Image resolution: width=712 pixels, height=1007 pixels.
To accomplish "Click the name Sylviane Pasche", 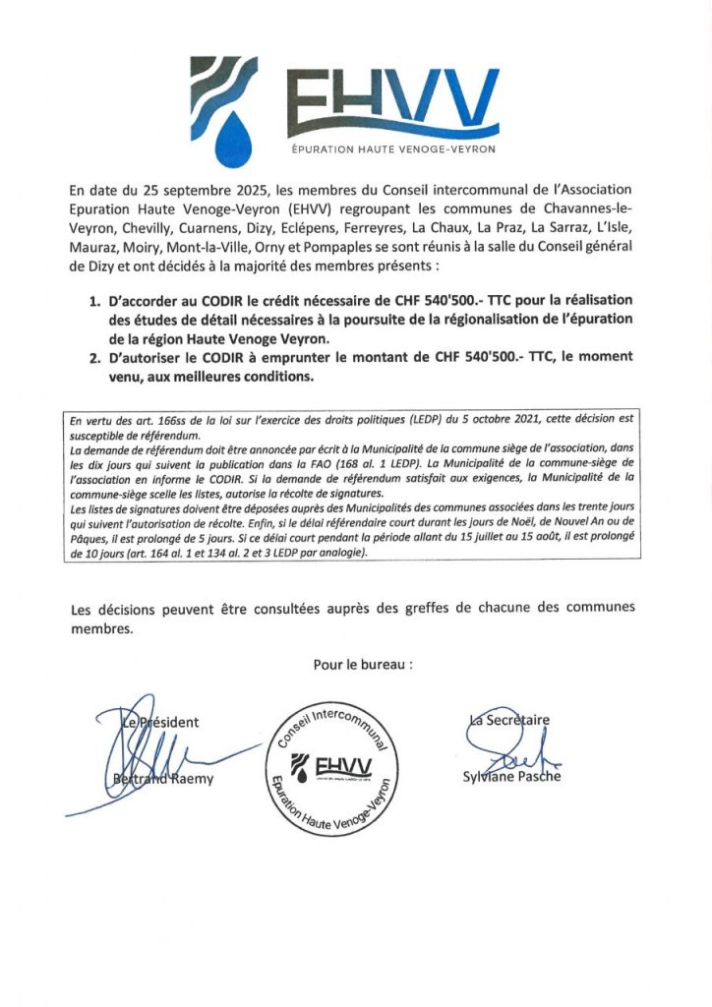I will [x=514, y=776].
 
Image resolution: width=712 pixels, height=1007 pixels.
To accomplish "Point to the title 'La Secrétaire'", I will [x=510, y=720].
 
